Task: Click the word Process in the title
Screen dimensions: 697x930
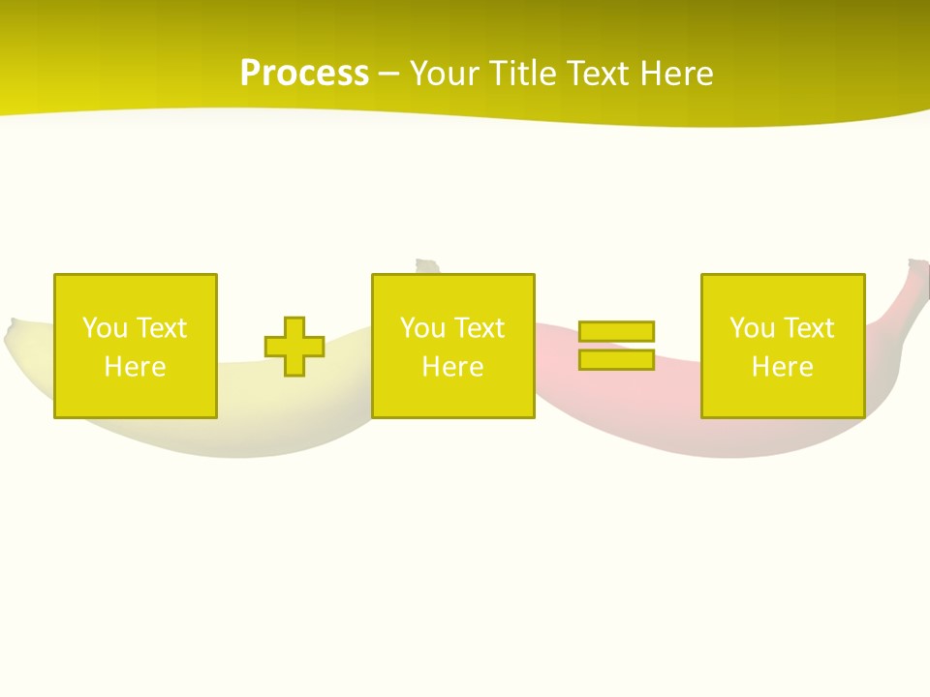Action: (x=304, y=74)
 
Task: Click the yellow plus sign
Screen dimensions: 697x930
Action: (x=294, y=347)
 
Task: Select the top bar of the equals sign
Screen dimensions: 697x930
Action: (x=616, y=331)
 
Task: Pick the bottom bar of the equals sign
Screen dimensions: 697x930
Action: (x=616, y=359)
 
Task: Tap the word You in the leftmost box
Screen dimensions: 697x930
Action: (x=104, y=328)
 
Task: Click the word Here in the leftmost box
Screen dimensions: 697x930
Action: (x=135, y=367)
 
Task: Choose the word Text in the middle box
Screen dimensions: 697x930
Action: (x=480, y=328)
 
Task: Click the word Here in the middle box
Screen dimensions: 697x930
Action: (x=452, y=367)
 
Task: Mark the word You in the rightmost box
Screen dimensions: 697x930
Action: (x=751, y=328)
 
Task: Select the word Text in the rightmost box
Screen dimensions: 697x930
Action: (x=809, y=328)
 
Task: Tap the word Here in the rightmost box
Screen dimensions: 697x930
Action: (x=782, y=367)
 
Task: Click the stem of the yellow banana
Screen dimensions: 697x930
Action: (x=426, y=266)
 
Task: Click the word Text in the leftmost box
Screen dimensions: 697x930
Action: (x=161, y=328)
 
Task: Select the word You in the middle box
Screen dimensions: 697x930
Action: (x=421, y=328)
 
